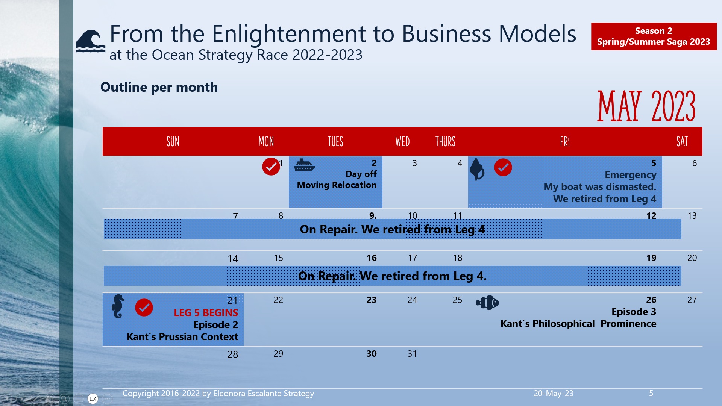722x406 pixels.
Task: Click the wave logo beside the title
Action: click(90, 41)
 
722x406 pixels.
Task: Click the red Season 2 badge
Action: click(654, 36)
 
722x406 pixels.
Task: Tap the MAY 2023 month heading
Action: click(646, 106)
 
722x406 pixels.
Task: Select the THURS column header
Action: click(445, 142)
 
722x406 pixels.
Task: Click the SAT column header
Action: click(682, 142)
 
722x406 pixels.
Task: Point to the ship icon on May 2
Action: click(304, 165)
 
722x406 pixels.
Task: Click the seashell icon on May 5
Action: click(477, 169)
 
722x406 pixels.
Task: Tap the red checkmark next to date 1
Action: click(271, 167)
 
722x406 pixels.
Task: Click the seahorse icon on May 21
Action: click(118, 306)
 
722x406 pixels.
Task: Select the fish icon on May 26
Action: click(487, 303)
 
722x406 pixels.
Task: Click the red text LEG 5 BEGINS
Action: click(206, 313)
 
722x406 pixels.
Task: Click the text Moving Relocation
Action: click(337, 185)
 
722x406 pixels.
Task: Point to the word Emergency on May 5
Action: click(630, 175)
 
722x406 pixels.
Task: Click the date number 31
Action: click(412, 354)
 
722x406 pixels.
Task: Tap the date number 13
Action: click(692, 216)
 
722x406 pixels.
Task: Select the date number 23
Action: click(371, 300)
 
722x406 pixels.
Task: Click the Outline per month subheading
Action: click(159, 87)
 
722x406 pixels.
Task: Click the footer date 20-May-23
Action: click(553, 394)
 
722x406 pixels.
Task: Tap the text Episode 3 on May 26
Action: click(634, 312)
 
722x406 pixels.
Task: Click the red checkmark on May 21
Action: click(144, 308)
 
